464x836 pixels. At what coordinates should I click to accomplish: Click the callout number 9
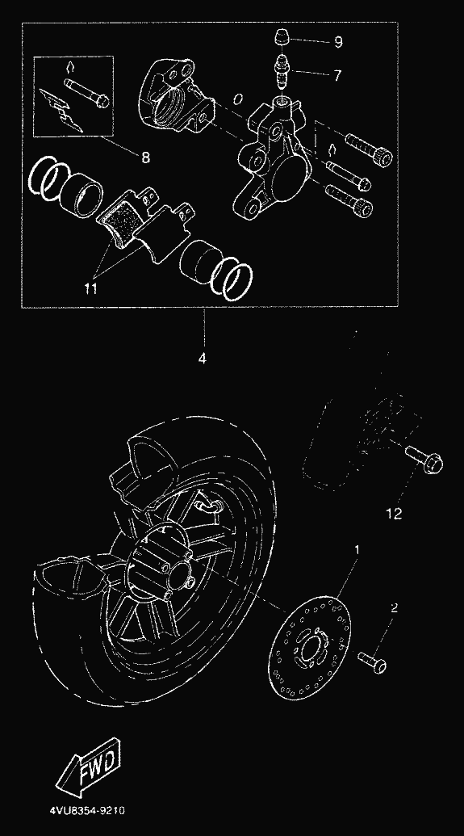coord(338,41)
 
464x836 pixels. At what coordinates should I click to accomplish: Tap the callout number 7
coord(337,75)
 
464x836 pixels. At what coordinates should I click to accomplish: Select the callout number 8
coord(145,158)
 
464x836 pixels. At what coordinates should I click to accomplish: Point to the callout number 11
coord(90,288)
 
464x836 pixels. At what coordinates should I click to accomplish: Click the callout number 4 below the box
coord(202,359)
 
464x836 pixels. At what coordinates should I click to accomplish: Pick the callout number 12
coord(394,514)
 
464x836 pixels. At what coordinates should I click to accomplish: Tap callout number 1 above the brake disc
coord(357,548)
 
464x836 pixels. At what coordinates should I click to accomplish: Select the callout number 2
coord(394,607)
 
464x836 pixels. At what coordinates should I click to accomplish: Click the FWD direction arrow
coord(89,766)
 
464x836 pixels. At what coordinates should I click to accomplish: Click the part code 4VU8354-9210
coord(87,811)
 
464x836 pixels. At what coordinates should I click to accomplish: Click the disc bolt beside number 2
coord(372,662)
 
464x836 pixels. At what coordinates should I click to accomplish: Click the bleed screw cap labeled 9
coord(282,39)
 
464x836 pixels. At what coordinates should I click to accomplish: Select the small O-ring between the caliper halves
coord(238,99)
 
